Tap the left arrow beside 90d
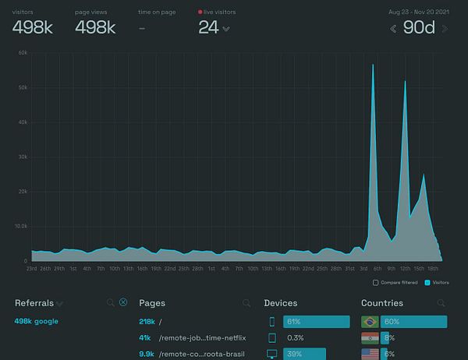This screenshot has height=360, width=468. (x=394, y=29)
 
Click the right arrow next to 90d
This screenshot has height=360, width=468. (x=445, y=29)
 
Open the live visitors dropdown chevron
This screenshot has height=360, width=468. (x=226, y=30)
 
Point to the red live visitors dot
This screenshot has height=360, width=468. (x=200, y=12)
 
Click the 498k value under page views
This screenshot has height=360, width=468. (x=95, y=28)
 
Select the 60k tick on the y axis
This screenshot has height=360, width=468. (x=23, y=53)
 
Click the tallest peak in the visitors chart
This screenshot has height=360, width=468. (x=373, y=66)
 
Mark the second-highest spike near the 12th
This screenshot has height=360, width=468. (x=405, y=83)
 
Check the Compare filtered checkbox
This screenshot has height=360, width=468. (x=376, y=282)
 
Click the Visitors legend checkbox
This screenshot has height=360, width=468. (x=428, y=282)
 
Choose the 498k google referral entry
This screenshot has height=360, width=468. (x=36, y=321)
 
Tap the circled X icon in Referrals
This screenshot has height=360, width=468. (x=123, y=302)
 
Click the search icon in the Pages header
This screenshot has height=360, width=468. (x=246, y=303)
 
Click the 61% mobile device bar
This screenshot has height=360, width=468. (x=316, y=321)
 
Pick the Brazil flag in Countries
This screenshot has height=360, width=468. (x=370, y=321)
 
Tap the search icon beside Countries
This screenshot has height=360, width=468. (x=441, y=303)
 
